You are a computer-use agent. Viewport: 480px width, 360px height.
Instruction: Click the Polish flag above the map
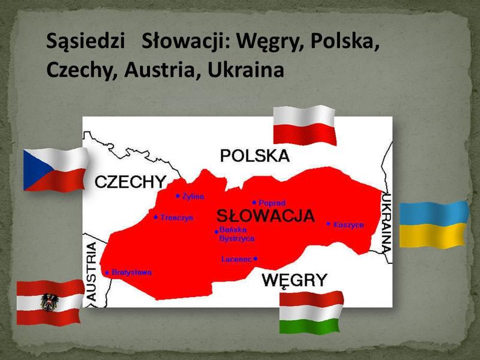coord(304,125)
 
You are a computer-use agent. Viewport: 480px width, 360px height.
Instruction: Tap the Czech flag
coord(55,169)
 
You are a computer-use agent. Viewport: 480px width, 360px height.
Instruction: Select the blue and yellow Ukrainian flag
coord(433,224)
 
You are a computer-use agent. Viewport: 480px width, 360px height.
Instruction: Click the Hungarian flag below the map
coord(311,312)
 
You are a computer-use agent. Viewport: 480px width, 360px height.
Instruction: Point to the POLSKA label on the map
coord(254,156)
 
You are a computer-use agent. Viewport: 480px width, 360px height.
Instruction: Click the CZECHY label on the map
coord(130,182)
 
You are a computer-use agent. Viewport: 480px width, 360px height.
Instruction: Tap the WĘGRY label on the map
coord(295,280)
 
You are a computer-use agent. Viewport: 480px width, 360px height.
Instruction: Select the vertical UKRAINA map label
coord(387,223)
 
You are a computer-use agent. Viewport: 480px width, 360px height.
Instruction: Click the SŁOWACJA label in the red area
coord(265,216)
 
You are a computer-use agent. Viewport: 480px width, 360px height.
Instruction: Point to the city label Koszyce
coord(348,224)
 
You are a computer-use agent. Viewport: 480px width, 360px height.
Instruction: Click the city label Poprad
coord(272,203)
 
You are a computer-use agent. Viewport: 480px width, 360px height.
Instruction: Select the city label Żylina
coord(193,196)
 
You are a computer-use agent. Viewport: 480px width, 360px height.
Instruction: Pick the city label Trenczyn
coord(176,217)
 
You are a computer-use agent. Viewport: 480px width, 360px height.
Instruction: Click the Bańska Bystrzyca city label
coord(236,234)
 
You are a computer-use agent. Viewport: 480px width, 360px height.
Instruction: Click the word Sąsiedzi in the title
coord(89,44)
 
